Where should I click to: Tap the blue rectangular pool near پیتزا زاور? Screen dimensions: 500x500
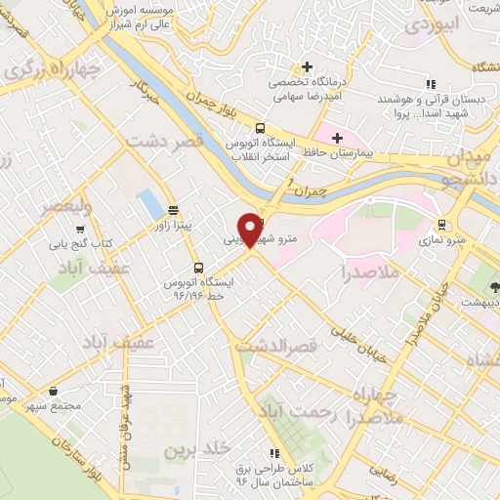150,205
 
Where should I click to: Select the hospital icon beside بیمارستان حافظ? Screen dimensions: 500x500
337,139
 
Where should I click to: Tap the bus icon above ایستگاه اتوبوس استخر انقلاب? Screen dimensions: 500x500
259,129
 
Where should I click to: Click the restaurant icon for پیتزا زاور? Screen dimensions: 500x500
173,209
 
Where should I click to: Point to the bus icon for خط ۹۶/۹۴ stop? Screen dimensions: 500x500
199,267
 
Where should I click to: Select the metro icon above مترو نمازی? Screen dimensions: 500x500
442,222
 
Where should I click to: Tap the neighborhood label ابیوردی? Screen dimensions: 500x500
430,25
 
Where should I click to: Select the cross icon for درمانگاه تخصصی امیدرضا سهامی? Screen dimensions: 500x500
308,67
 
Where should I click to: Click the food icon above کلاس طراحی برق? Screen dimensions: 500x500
274,453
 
